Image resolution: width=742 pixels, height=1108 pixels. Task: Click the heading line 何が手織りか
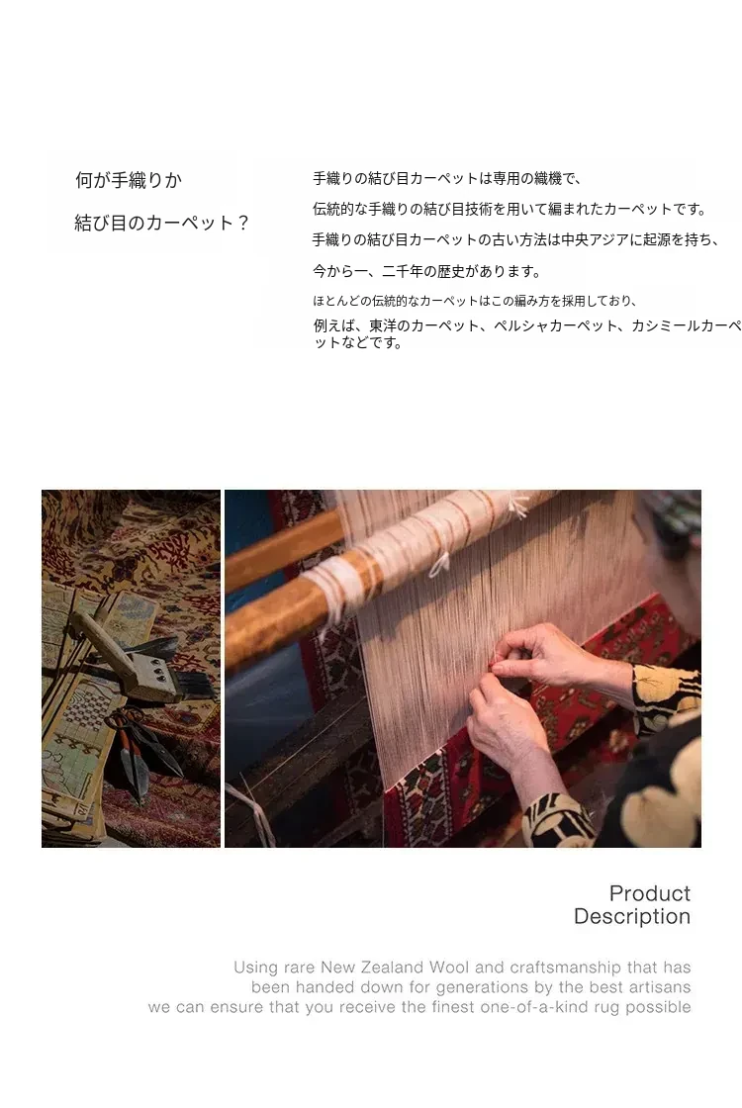[x=129, y=180]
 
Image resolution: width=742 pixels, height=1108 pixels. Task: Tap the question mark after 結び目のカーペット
[x=242, y=224]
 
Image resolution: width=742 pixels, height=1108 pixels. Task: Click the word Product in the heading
[x=649, y=893]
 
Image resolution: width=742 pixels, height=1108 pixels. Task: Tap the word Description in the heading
[x=632, y=916]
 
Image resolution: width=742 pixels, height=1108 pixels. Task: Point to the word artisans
[x=660, y=986]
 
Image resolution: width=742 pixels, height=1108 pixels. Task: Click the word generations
[x=481, y=987]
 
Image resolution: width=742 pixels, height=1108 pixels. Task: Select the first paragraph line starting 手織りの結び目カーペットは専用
[x=446, y=179]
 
